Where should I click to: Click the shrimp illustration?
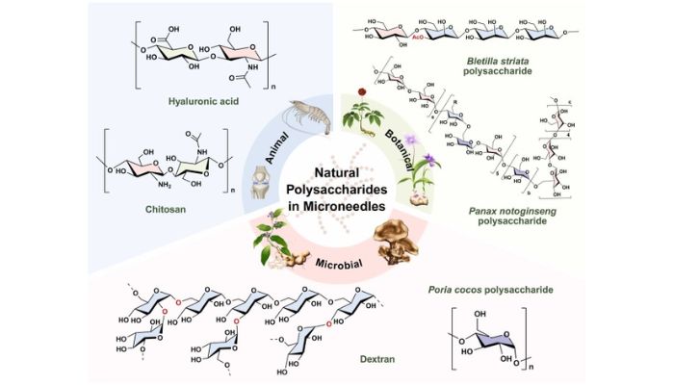pyautogui.click(x=306, y=116)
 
